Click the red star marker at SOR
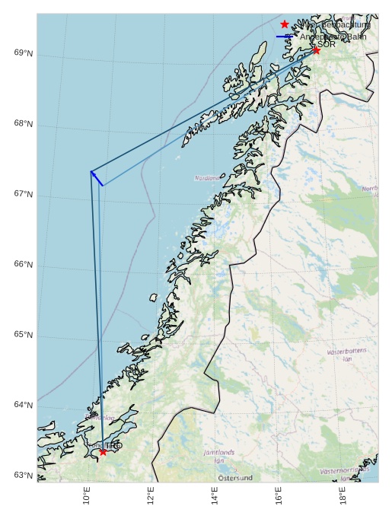[316, 50]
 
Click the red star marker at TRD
[103, 452]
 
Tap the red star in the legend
[285, 24]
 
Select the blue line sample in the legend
[285, 37]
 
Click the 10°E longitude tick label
[88, 495]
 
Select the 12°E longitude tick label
[151, 495]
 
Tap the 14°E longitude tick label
[215, 495]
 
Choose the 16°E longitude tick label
[280, 495]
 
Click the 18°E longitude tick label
[344, 495]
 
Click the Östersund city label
[235, 478]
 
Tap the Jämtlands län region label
[219, 457]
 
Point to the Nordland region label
[206, 178]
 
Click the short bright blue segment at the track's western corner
[97, 178]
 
